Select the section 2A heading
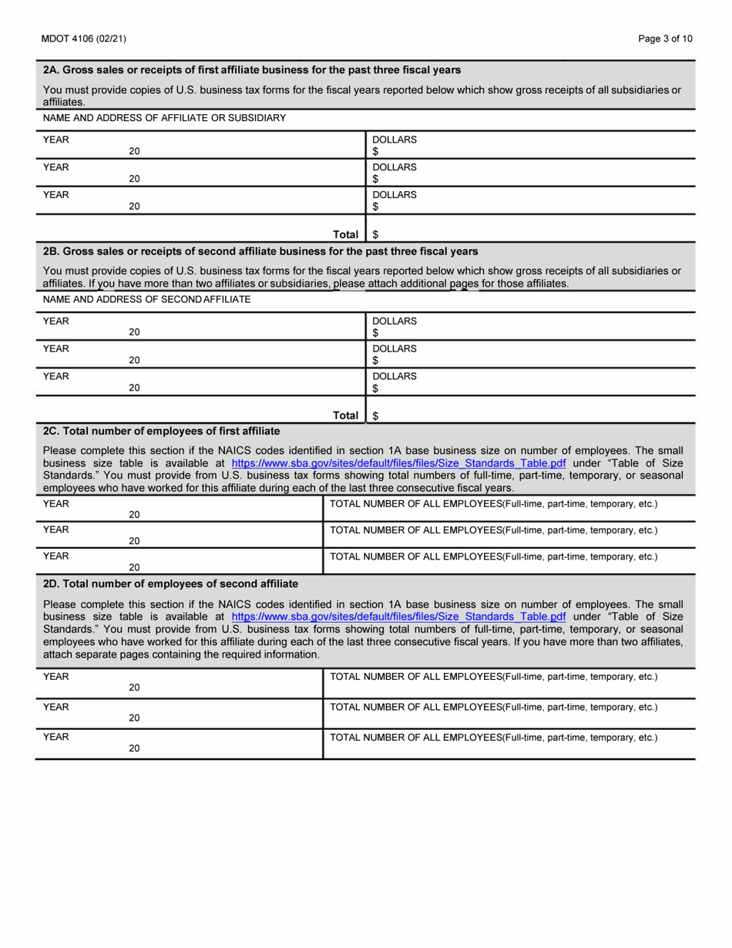252,69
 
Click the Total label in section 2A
345,234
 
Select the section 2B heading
260,251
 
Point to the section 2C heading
161,430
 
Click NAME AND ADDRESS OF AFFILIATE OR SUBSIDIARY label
164,118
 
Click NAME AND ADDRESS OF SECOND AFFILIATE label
146,299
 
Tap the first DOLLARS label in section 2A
395,140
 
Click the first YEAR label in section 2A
56,140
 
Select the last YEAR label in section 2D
56,737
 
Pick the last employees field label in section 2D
493,738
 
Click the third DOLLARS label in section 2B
395,376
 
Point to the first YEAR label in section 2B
56,321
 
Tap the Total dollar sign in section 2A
375,234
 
